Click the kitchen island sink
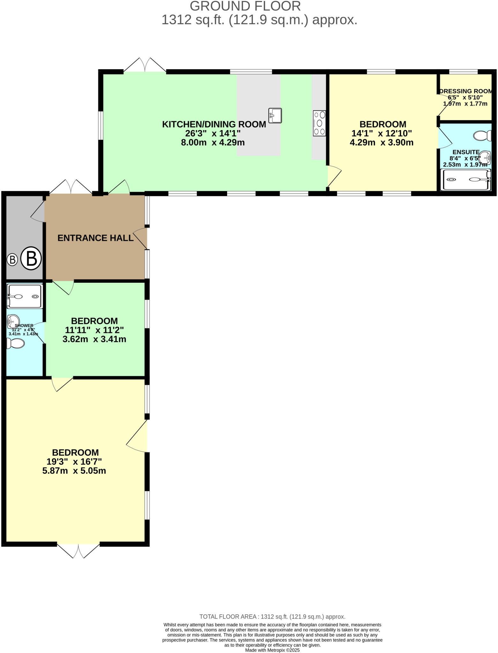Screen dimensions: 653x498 click(275, 115)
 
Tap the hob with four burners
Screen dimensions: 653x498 click(319, 123)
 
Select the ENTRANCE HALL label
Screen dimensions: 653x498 click(95, 238)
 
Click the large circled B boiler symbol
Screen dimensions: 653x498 click(31, 258)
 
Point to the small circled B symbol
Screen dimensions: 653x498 click(12, 260)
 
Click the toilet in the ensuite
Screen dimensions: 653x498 click(483, 136)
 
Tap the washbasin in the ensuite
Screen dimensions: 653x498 click(485, 157)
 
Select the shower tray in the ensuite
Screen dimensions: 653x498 click(466, 180)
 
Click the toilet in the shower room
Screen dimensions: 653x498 click(16, 343)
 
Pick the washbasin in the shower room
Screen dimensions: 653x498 click(13, 320)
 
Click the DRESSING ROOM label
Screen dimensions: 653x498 click(465, 91)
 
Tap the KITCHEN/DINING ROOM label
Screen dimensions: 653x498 click(214, 124)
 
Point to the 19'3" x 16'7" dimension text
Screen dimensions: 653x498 click(74, 462)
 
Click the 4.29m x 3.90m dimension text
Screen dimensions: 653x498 click(382, 143)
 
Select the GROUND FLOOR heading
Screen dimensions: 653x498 click(245, 6)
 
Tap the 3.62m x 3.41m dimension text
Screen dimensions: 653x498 click(94, 339)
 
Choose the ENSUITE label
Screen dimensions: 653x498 click(466, 152)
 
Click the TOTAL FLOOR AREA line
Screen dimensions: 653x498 click(272, 617)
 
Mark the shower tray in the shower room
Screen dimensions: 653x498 click(25, 297)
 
